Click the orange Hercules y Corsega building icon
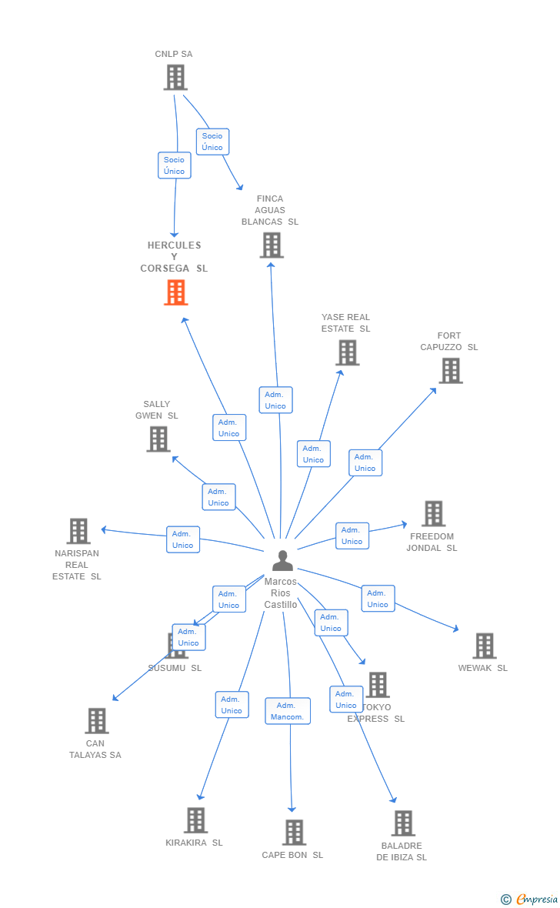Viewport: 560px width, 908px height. [176, 292]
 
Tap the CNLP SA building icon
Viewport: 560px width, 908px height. [175, 77]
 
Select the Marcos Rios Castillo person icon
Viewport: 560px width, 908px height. [282, 560]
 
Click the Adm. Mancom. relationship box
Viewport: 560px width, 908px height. [288, 711]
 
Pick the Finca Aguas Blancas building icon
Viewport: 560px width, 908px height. [272, 245]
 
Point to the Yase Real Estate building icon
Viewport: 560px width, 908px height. [348, 352]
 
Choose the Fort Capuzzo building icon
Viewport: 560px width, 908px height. [451, 371]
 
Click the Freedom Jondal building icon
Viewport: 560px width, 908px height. [434, 514]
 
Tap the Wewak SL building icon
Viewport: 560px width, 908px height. [485, 646]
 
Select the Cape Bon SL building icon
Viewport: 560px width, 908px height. [294, 833]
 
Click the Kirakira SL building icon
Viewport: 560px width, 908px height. [195, 820]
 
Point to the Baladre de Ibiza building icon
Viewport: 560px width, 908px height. [403, 823]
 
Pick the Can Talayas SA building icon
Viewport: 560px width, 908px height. [97, 721]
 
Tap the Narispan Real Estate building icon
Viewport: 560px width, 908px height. [78, 531]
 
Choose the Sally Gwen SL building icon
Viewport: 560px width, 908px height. [158, 439]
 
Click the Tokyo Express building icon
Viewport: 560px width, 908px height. [378, 685]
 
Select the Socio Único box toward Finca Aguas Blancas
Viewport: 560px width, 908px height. [212, 142]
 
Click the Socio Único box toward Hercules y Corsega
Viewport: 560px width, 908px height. [175, 165]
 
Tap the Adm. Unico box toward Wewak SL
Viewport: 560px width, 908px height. [378, 599]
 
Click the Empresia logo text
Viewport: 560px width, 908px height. [537, 899]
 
